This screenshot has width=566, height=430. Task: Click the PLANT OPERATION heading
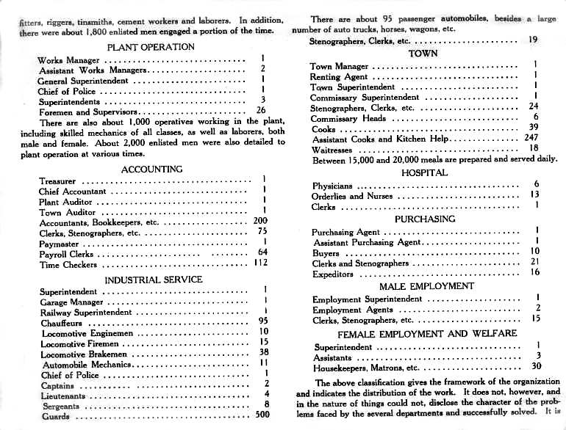(x=151, y=47)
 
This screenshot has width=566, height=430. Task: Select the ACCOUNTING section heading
(x=151, y=169)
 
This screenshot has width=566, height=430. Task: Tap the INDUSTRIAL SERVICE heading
(x=153, y=280)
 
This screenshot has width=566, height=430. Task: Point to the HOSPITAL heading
(x=424, y=172)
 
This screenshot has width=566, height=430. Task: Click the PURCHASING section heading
(x=425, y=219)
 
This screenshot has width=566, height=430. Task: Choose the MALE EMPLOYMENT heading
(x=426, y=286)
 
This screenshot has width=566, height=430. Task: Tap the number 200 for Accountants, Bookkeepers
(x=260, y=220)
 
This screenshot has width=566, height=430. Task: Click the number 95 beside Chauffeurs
(x=263, y=321)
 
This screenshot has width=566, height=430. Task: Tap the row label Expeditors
(x=333, y=274)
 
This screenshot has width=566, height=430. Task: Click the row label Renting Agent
(x=339, y=76)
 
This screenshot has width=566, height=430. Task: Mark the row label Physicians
(x=332, y=186)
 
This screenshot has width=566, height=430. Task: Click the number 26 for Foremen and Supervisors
(x=260, y=112)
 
